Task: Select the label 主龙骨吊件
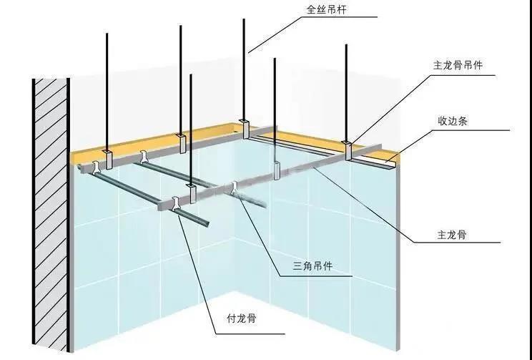458,65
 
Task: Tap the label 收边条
453,121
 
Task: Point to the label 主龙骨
451,233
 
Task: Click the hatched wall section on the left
49,215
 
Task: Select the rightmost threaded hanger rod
348,93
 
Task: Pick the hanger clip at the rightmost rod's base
348,151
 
